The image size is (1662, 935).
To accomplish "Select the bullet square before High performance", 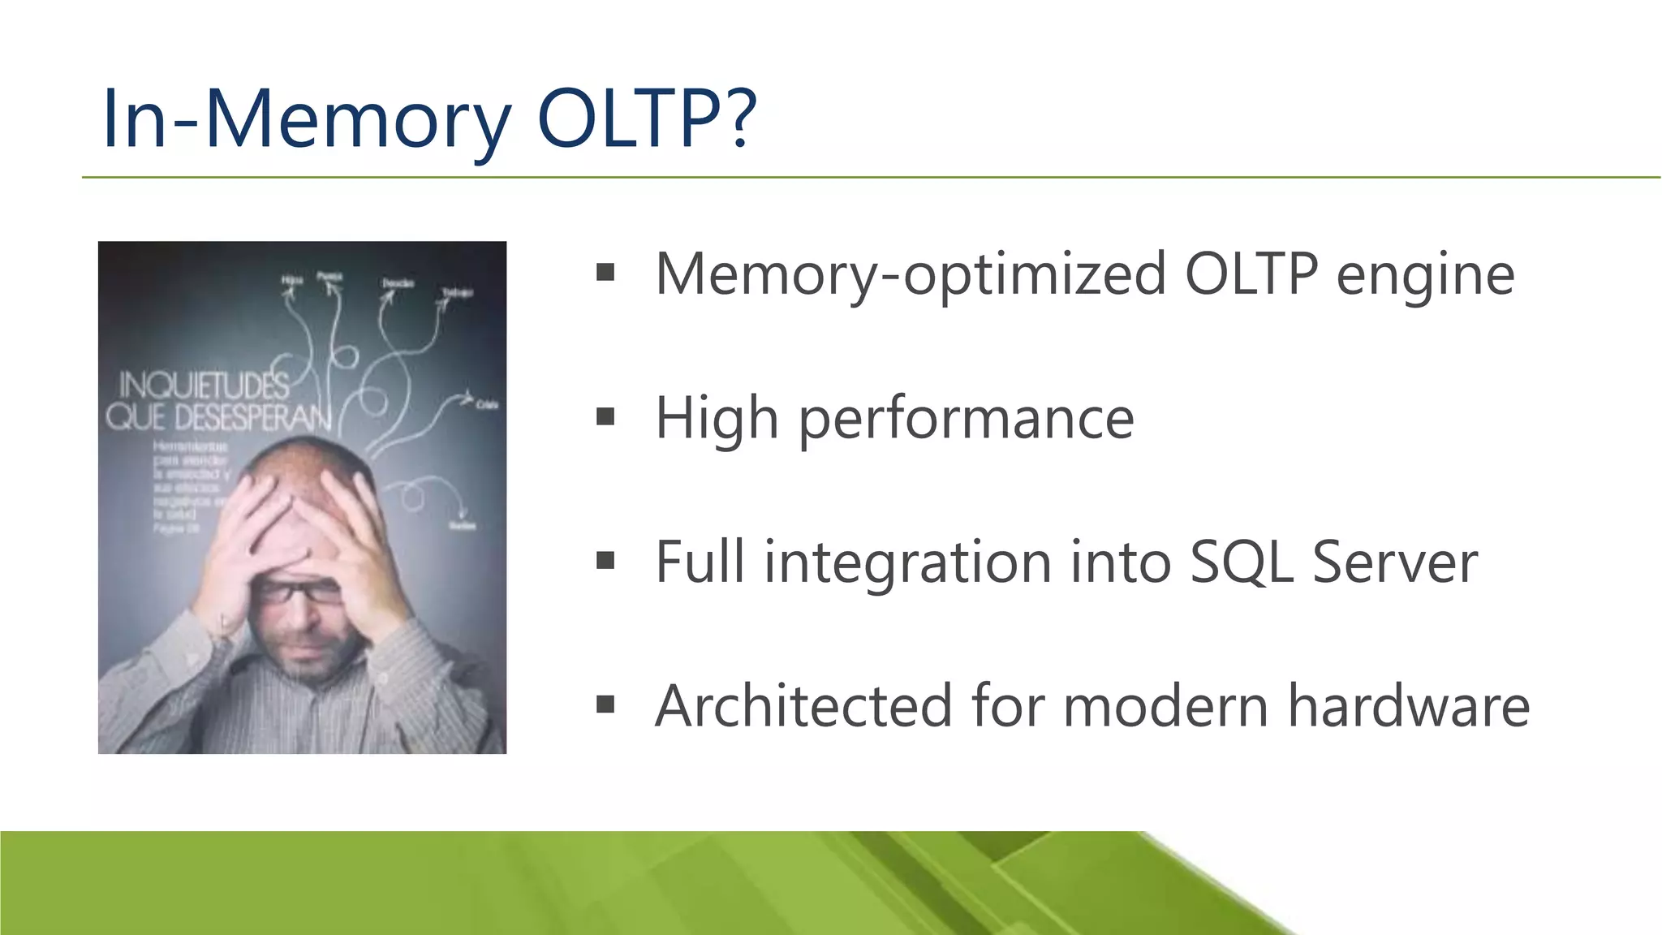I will coord(605,416).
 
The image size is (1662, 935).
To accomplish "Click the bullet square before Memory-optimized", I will coord(605,273).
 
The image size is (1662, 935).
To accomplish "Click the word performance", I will coord(966,420).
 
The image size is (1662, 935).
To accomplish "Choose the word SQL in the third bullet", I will coord(1240,562).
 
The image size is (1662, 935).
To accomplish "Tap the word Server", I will coord(1395,562).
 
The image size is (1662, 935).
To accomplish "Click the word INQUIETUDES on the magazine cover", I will coord(204,386).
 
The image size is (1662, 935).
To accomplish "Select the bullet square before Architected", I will coord(605,704).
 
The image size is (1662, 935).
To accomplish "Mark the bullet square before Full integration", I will coord(605,560).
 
